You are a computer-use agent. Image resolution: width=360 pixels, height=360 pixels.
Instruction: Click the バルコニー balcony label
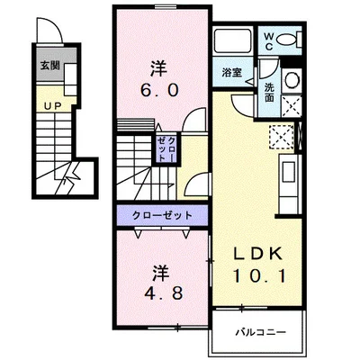(x=261, y=332)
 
